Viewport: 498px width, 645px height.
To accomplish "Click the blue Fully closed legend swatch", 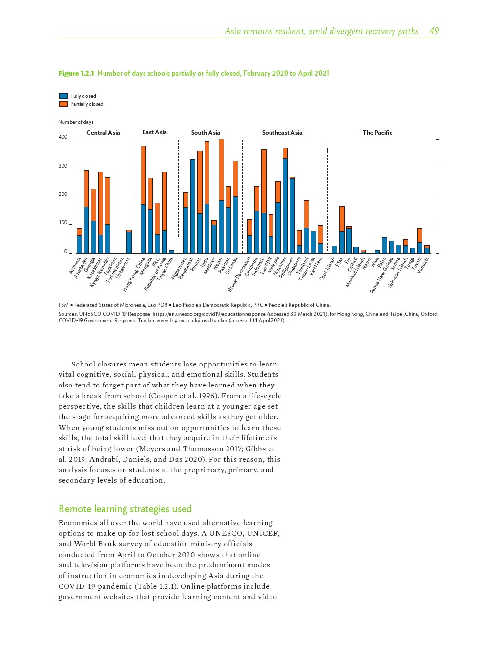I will (x=63, y=96).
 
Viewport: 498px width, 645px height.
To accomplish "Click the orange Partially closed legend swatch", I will (x=63, y=104).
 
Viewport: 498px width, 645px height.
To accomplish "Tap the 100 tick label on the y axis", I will (x=63, y=223).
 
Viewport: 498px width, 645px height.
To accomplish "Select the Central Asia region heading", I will (x=103, y=133).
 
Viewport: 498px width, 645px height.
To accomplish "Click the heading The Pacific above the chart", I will (x=377, y=133).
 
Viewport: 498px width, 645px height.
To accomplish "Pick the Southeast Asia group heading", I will (x=282, y=133).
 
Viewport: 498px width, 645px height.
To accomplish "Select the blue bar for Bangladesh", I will (x=193, y=205).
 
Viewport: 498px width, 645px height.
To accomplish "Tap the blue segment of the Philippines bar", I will (x=292, y=215).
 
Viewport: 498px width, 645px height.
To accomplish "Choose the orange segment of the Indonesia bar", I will (x=264, y=181).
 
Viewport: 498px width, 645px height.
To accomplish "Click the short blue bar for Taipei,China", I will (x=171, y=252).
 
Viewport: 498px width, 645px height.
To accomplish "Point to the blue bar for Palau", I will (x=384, y=245).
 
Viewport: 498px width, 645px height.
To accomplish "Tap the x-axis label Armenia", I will (x=75, y=266).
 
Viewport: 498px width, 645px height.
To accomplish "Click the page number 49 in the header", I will (x=434, y=31).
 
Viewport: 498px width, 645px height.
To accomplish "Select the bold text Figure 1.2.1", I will (x=76, y=73).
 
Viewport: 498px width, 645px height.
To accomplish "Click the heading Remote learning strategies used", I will (x=125, y=509).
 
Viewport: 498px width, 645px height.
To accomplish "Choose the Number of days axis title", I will (x=76, y=122).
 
